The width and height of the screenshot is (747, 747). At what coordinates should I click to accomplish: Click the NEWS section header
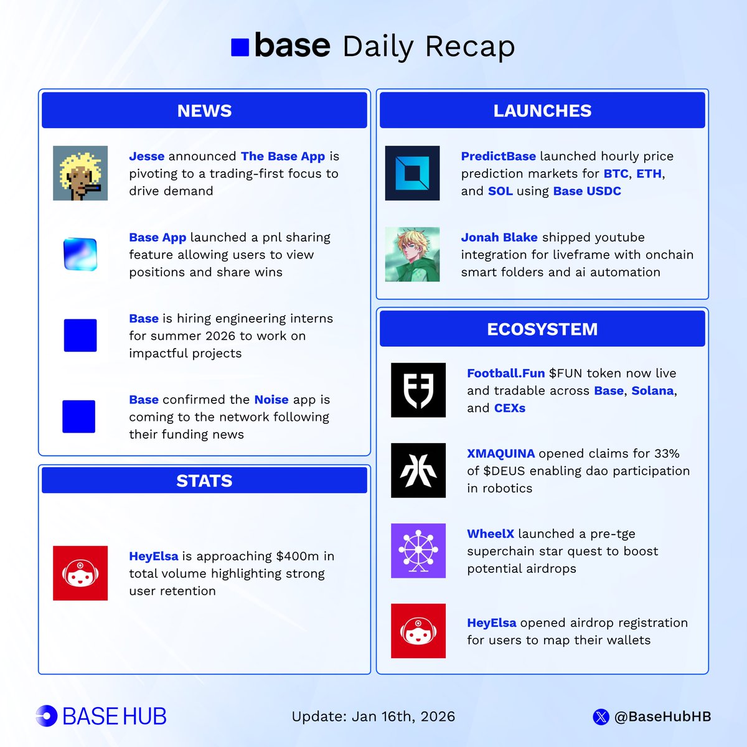click(x=204, y=111)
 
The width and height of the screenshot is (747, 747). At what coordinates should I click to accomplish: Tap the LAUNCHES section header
click(x=542, y=111)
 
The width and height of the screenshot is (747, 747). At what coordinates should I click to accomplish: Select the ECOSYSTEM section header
click(x=542, y=329)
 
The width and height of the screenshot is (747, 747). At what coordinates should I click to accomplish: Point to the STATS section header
click(x=204, y=481)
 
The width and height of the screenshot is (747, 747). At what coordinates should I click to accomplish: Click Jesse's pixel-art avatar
click(x=80, y=173)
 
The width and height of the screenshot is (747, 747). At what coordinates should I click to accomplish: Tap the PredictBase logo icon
click(x=412, y=173)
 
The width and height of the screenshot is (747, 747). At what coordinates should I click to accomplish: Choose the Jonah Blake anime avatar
click(x=412, y=254)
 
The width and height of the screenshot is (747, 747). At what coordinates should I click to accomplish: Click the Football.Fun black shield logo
click(x=418, y=390)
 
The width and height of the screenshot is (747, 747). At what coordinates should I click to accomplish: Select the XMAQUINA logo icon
click(x=418, y=471)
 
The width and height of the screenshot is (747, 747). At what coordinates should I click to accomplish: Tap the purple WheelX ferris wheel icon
click(x=418, y=551)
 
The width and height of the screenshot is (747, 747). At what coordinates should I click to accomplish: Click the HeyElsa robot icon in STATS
click(x=80, y=573)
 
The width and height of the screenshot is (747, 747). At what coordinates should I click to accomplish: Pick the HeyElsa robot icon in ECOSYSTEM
click(x=418, y=631)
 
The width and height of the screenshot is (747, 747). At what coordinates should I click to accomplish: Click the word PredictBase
click(x=498, y=156)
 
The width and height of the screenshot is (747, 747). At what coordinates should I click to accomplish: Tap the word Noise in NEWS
click(x=271, y=400)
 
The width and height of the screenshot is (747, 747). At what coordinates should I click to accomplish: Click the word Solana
click(x=652, y=391)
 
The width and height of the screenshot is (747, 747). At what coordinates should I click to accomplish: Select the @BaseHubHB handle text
click(x=662, y=716)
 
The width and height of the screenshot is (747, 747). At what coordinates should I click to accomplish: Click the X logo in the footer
click(x=601, y=717)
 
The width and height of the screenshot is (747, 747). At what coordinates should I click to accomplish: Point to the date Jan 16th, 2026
click(x=403, y=716)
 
